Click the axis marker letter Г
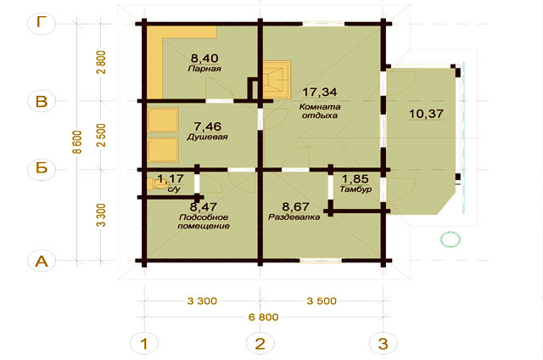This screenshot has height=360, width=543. (42, 23)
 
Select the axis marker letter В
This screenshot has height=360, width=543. (42, 101)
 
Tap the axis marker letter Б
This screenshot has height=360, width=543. (42, 168)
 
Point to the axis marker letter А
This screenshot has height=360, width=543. (42, 261)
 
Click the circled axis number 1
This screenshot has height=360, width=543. (144, 344)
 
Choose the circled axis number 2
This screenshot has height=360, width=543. (260, 344)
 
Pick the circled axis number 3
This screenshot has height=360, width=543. (383, 344)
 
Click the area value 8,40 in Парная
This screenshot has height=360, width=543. (204, 58)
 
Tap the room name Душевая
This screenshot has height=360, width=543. (207, 137)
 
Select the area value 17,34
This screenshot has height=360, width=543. (320, 93)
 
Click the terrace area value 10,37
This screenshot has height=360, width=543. (426, 114)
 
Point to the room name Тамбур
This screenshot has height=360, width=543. (356, 189)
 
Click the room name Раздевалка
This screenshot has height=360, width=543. (294, 217)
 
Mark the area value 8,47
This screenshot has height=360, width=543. (204, 207)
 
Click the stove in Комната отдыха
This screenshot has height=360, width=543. (277, 79)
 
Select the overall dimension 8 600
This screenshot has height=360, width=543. (77, 142)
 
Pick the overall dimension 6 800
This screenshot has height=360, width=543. (264, 317)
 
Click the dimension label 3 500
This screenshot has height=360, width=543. (322, 301)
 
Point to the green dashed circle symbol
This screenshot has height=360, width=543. (451, 239)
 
